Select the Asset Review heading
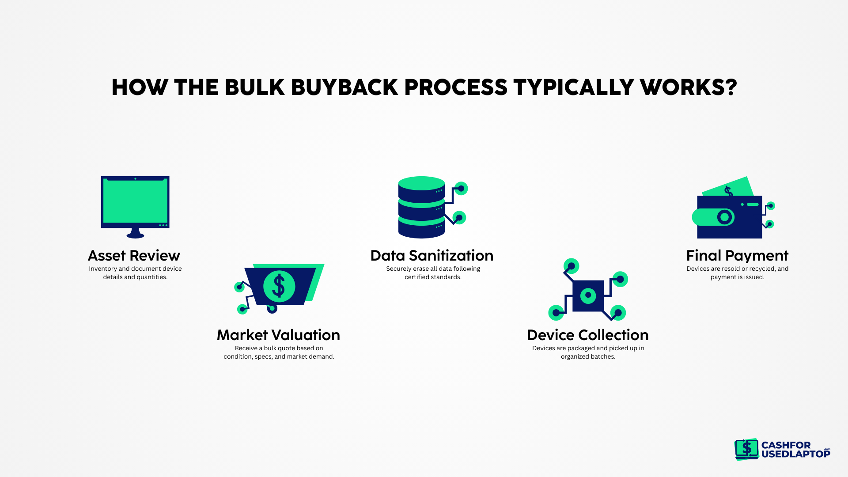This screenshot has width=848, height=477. pyautogui.click(x=134, y=256)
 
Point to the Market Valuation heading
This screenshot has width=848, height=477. pyautogui.click(x=278, y=335)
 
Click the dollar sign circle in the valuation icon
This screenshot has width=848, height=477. pyautogui.click(x=279, y=286)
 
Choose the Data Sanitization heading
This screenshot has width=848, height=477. pyautogui.click(x=432, y=256)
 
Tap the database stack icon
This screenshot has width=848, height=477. pyautogui.click(x=422, y=207)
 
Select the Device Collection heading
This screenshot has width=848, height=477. pyautogui.click(x=587, y=335)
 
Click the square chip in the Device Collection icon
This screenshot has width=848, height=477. pyautogui.click(x=588, y=295)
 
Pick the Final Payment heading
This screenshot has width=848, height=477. pyautogui.click(x=737, y=256)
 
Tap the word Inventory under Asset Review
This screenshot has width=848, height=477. pyautogui.click(x=102, y=269)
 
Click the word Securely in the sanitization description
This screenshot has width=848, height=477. pyautogui.click(x=398, y=269)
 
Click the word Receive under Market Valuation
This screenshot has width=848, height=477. pyautogui.click(x=246, y=348)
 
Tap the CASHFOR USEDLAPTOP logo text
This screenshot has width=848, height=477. pyautogui.click(x=795, y=450)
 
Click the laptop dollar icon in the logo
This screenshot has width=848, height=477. pyautogui.click(x=746, y=449)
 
